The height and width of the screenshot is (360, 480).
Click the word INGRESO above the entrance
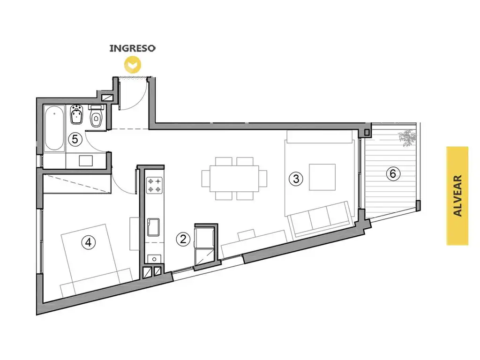click(x=133, y=48)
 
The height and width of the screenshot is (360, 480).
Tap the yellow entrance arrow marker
click(x=132, y=65)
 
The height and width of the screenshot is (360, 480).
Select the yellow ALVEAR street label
click(x=457, y=195)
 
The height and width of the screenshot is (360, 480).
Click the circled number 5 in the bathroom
click(x=75, y=139)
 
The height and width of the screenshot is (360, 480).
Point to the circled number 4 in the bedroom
click(x=89, y=242)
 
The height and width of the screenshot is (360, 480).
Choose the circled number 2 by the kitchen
click(x=183, y=239)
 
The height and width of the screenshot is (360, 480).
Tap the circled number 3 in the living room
click(x=296, y=179)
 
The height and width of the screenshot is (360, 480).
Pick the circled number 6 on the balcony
click(x=393, y=173)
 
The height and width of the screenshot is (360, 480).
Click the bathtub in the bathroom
click(x=54, y=128)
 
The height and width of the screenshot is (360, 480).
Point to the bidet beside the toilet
click(x=76, y=115)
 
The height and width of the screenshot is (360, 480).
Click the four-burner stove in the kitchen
click(x=154, y=185)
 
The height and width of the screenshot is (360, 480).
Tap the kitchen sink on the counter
click(x=153, y=227)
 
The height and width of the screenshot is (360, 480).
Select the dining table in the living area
click(x=234, y=179)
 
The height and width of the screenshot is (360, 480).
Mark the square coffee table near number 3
click(x=322, y=177)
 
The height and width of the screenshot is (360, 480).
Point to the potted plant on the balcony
click(x=407, y=138)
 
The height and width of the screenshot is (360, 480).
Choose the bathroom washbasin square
click(x=86, y=161)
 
